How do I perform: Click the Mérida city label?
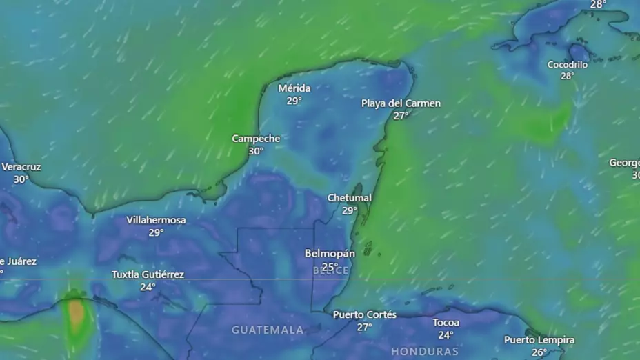(294, 88)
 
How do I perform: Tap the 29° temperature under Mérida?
(294, 101)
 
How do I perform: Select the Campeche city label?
(256, 139)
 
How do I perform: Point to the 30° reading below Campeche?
(256, 151)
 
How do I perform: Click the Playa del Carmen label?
(401, 103)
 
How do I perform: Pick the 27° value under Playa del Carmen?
(401, 116)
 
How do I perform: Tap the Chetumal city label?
(349, 198)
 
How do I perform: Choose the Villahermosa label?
(156, 220)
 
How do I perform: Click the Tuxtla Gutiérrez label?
(148, 274)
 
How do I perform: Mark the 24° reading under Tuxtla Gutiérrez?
(148, 287)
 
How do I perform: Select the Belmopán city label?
(330, 254)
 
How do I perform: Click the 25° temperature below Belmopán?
(330, 267)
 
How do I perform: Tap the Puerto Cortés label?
(364, 314)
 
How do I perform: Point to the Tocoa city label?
(446, 323)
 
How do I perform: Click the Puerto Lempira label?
(539, 340)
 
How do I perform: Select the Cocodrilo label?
(568, 64)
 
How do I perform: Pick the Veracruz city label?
(21, 167)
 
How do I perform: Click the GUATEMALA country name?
(268, 330)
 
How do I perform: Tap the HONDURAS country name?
(425, 352)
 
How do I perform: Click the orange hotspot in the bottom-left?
(76, 314)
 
